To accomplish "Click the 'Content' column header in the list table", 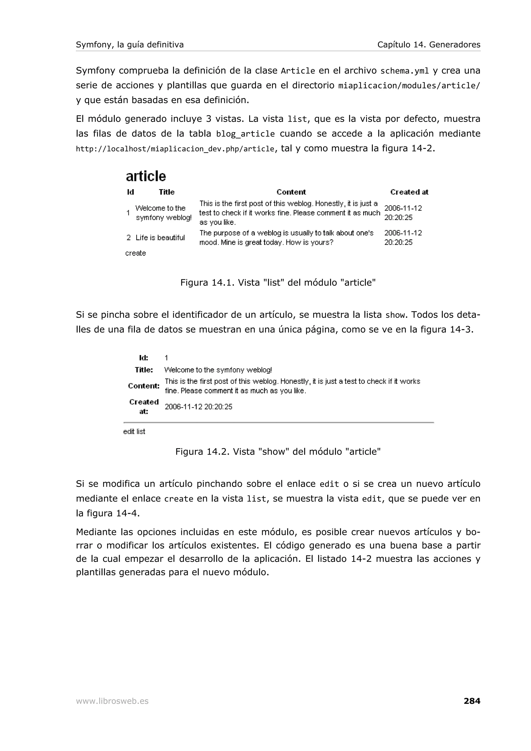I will (x=291, y=192).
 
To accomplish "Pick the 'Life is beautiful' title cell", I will (x=160, y=238).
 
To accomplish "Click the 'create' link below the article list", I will (x=135, y=253).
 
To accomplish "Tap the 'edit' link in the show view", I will (x=129, y=432).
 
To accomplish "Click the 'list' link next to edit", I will (x=141, y=432).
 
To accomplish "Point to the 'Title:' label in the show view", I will (x=144, y=370).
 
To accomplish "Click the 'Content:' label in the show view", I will (x=144, y=386).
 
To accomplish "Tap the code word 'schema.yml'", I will (x=404, y=71).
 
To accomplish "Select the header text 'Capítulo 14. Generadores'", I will (x=429, y=45).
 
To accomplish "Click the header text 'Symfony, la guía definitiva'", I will (x=130, y=45).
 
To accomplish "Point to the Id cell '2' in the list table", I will (x=129, y=238).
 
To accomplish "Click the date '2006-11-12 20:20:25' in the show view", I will (x=198, y=407).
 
